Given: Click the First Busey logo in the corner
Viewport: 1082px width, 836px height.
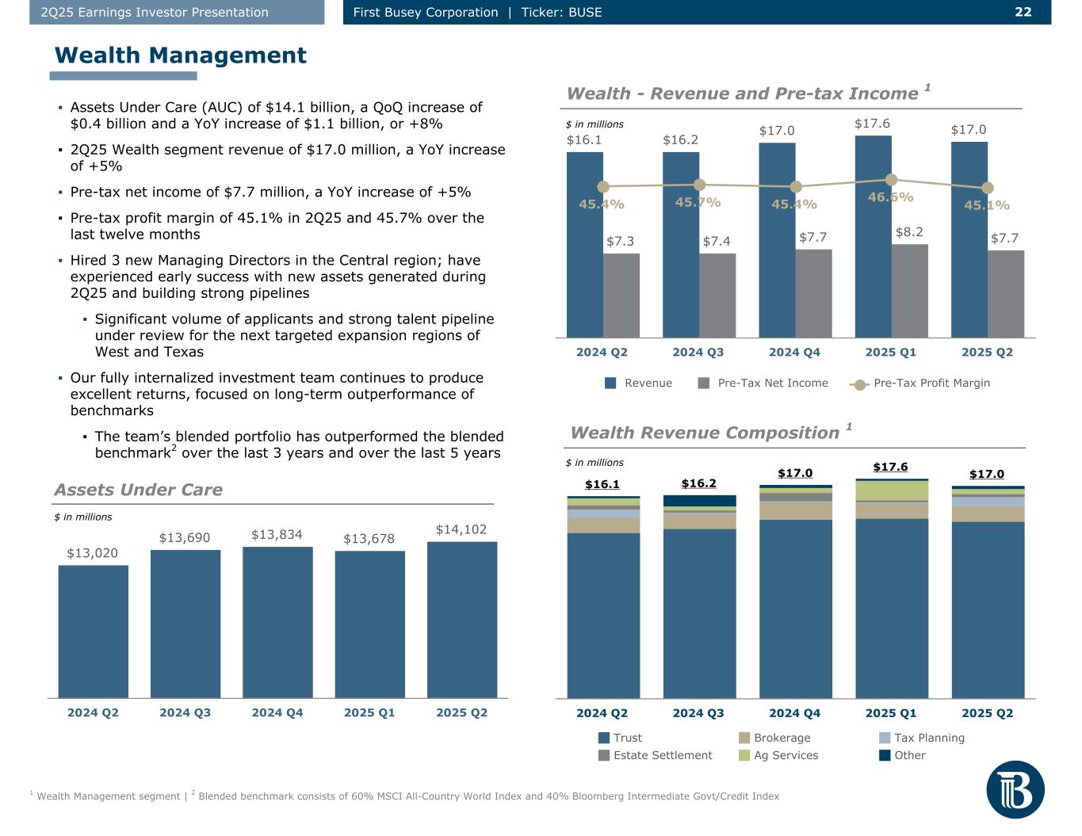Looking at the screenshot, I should point(1015,789).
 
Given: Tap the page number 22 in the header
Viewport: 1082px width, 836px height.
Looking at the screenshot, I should point(1023,12).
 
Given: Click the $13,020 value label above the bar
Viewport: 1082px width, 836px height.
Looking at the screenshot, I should point(92,553).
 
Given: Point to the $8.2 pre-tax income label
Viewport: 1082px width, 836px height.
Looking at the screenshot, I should point(908,232).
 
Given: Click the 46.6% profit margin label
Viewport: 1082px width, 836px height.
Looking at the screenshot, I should point(890,197).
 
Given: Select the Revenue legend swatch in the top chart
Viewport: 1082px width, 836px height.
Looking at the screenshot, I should point(610,383).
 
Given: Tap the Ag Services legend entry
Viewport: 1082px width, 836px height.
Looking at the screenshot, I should point(786,755).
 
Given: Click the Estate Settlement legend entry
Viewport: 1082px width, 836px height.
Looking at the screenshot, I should point(663,755).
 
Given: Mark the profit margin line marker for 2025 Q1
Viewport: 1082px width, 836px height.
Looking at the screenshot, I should point(891,180).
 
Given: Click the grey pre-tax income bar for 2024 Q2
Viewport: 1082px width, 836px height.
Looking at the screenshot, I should point(621,295).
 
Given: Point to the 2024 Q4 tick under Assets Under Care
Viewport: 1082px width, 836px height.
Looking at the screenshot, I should point(277,712).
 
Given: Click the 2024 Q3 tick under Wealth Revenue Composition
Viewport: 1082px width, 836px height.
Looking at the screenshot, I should point(698,713).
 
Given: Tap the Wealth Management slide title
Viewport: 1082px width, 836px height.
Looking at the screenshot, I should point(180,55).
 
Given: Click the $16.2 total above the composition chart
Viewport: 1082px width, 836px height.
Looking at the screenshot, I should point(698,483).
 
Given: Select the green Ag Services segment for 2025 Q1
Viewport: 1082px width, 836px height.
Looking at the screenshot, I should point(891,491).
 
